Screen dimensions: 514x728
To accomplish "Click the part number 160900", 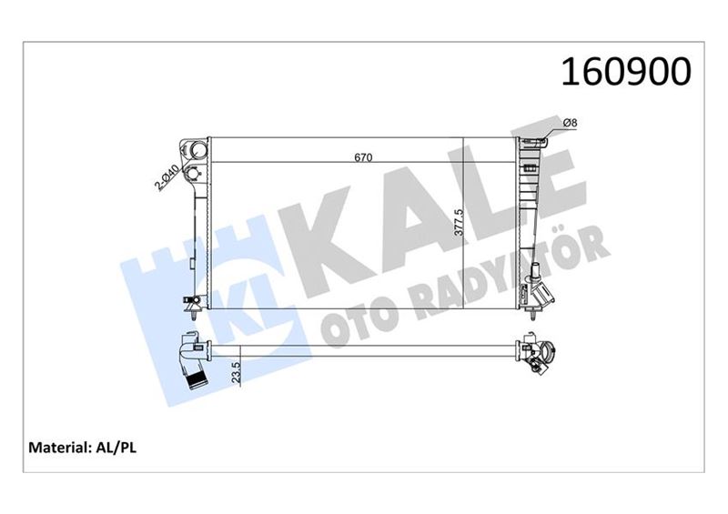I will point(628,73).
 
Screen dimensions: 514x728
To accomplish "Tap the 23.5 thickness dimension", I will point(235,372).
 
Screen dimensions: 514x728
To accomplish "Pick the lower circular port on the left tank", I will point(193,174).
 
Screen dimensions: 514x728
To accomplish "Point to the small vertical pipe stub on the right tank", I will point(536,270).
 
